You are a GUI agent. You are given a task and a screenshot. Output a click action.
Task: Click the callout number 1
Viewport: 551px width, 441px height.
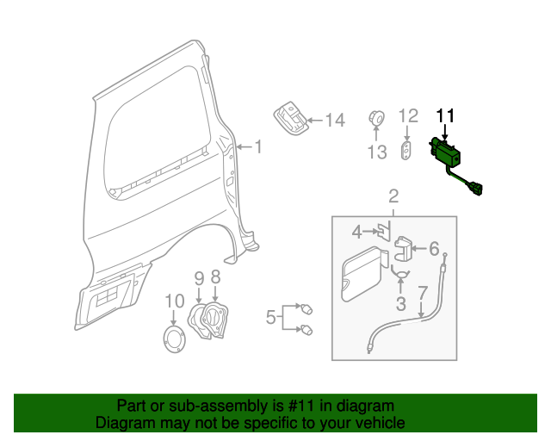pos(258,147)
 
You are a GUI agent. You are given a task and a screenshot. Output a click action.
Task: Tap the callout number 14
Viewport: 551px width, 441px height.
pos(334,121)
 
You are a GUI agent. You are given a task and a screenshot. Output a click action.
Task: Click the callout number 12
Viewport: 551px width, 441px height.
pos(408,115)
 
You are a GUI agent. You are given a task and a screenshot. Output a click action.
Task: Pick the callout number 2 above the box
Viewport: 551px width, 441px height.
pos(393,196)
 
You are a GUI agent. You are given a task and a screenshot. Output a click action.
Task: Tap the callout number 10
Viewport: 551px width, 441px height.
pos(175,301)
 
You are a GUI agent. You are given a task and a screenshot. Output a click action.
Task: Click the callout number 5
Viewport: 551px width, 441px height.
pos(270,318)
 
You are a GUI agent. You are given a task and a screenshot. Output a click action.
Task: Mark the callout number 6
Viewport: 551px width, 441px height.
pos(434,250)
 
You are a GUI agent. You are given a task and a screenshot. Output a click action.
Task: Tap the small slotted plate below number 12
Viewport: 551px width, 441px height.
pos(407,150)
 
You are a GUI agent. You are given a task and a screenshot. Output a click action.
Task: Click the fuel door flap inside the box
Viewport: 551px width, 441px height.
pos(361,271)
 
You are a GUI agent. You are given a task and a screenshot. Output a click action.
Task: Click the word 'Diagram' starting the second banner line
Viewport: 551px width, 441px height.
pos(121,423)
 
